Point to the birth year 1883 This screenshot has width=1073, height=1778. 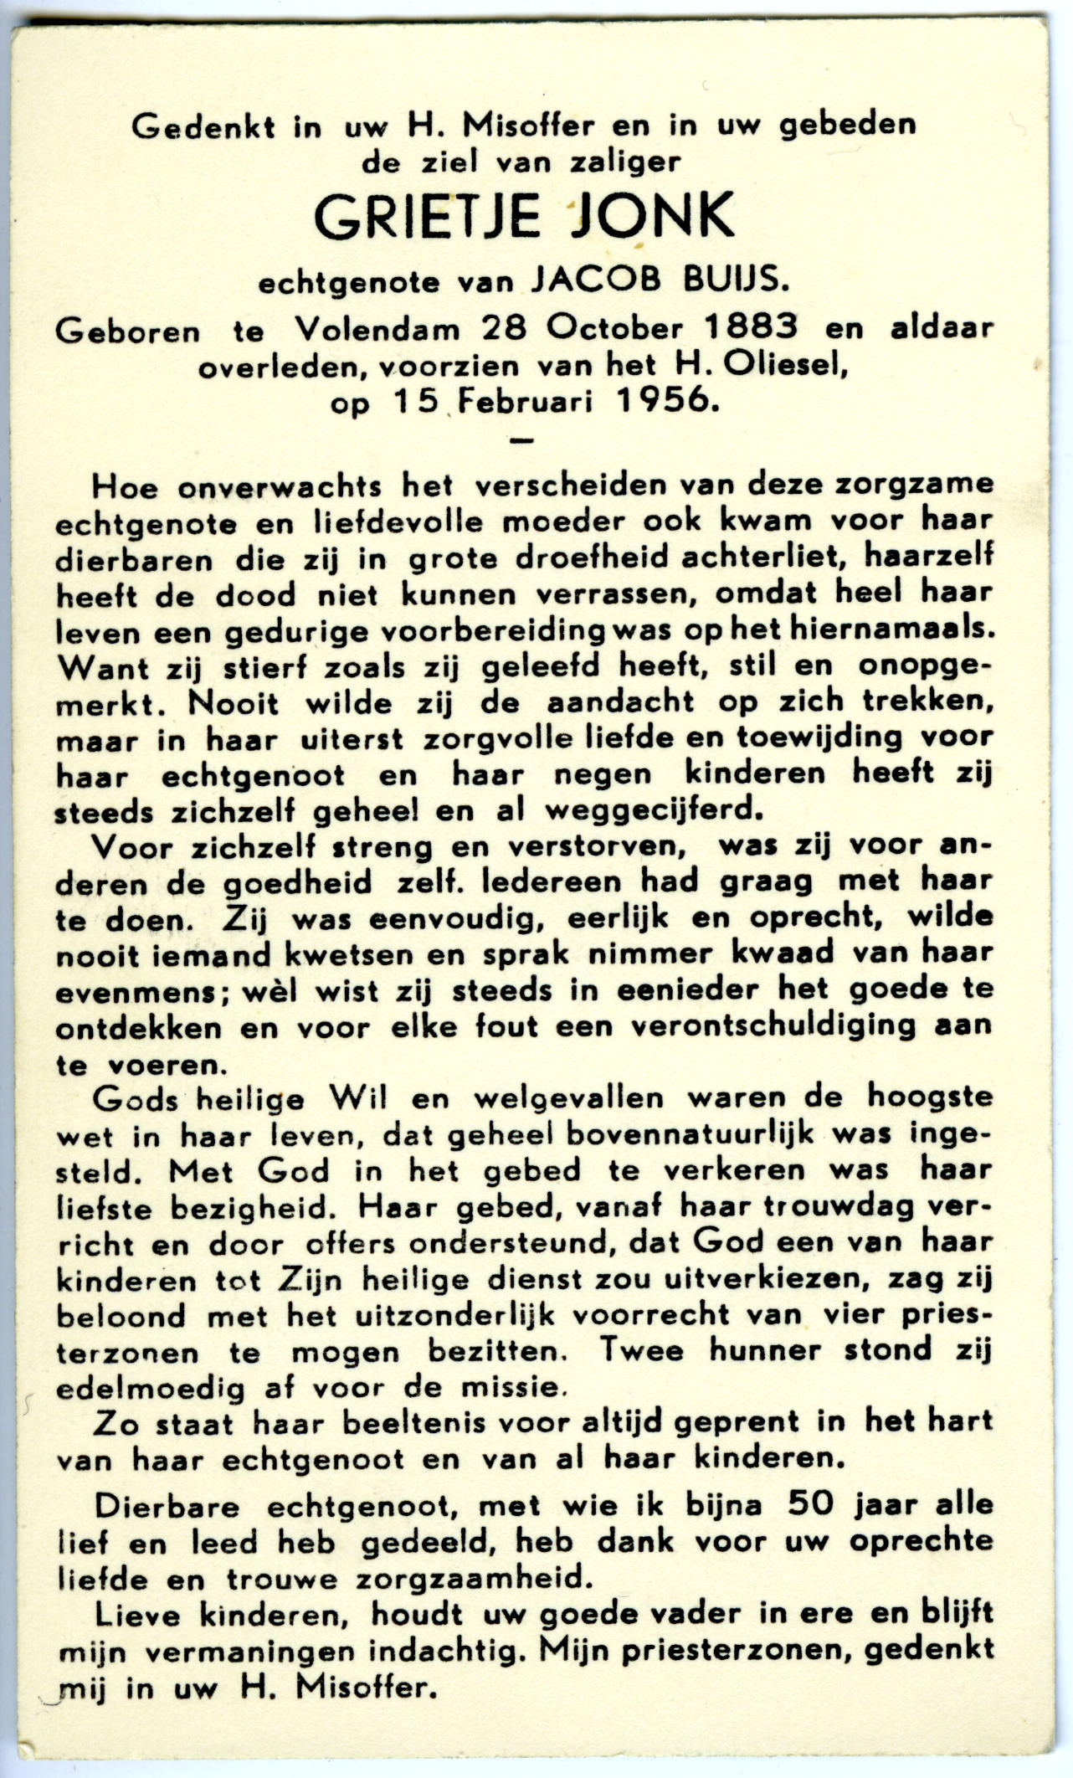(751, 326)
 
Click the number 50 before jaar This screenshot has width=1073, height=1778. (811, 1504)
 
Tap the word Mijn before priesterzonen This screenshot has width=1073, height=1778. (578, 1650)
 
